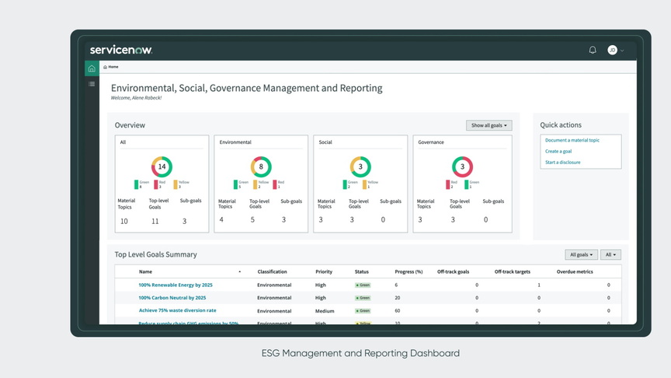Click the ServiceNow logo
(x=120, y=50)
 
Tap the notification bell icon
(x=593, y=50)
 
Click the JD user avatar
(x=612, y=50)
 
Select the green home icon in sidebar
(x=92, y=68)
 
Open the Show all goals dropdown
(x=488, y=125)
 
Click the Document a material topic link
(x=572, y=140)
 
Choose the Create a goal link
(x=558, y=151)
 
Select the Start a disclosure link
(x=562, y=162)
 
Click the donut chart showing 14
(x=162, y=166)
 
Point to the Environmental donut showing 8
(x=261, y=166)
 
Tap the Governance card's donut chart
(x=462, y=166)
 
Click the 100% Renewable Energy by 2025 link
(x=175, y=285)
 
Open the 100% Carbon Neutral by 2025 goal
(x=172, y=297)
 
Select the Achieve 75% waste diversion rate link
(x=177, y=310)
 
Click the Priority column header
(x=324, y=271)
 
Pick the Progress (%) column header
(x=409, y=271)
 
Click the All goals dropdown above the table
(x=581, y=254)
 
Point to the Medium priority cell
(x=325, y=310)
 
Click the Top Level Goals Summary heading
(x=155, y=254)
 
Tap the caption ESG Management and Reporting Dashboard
(x=360, y=353)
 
